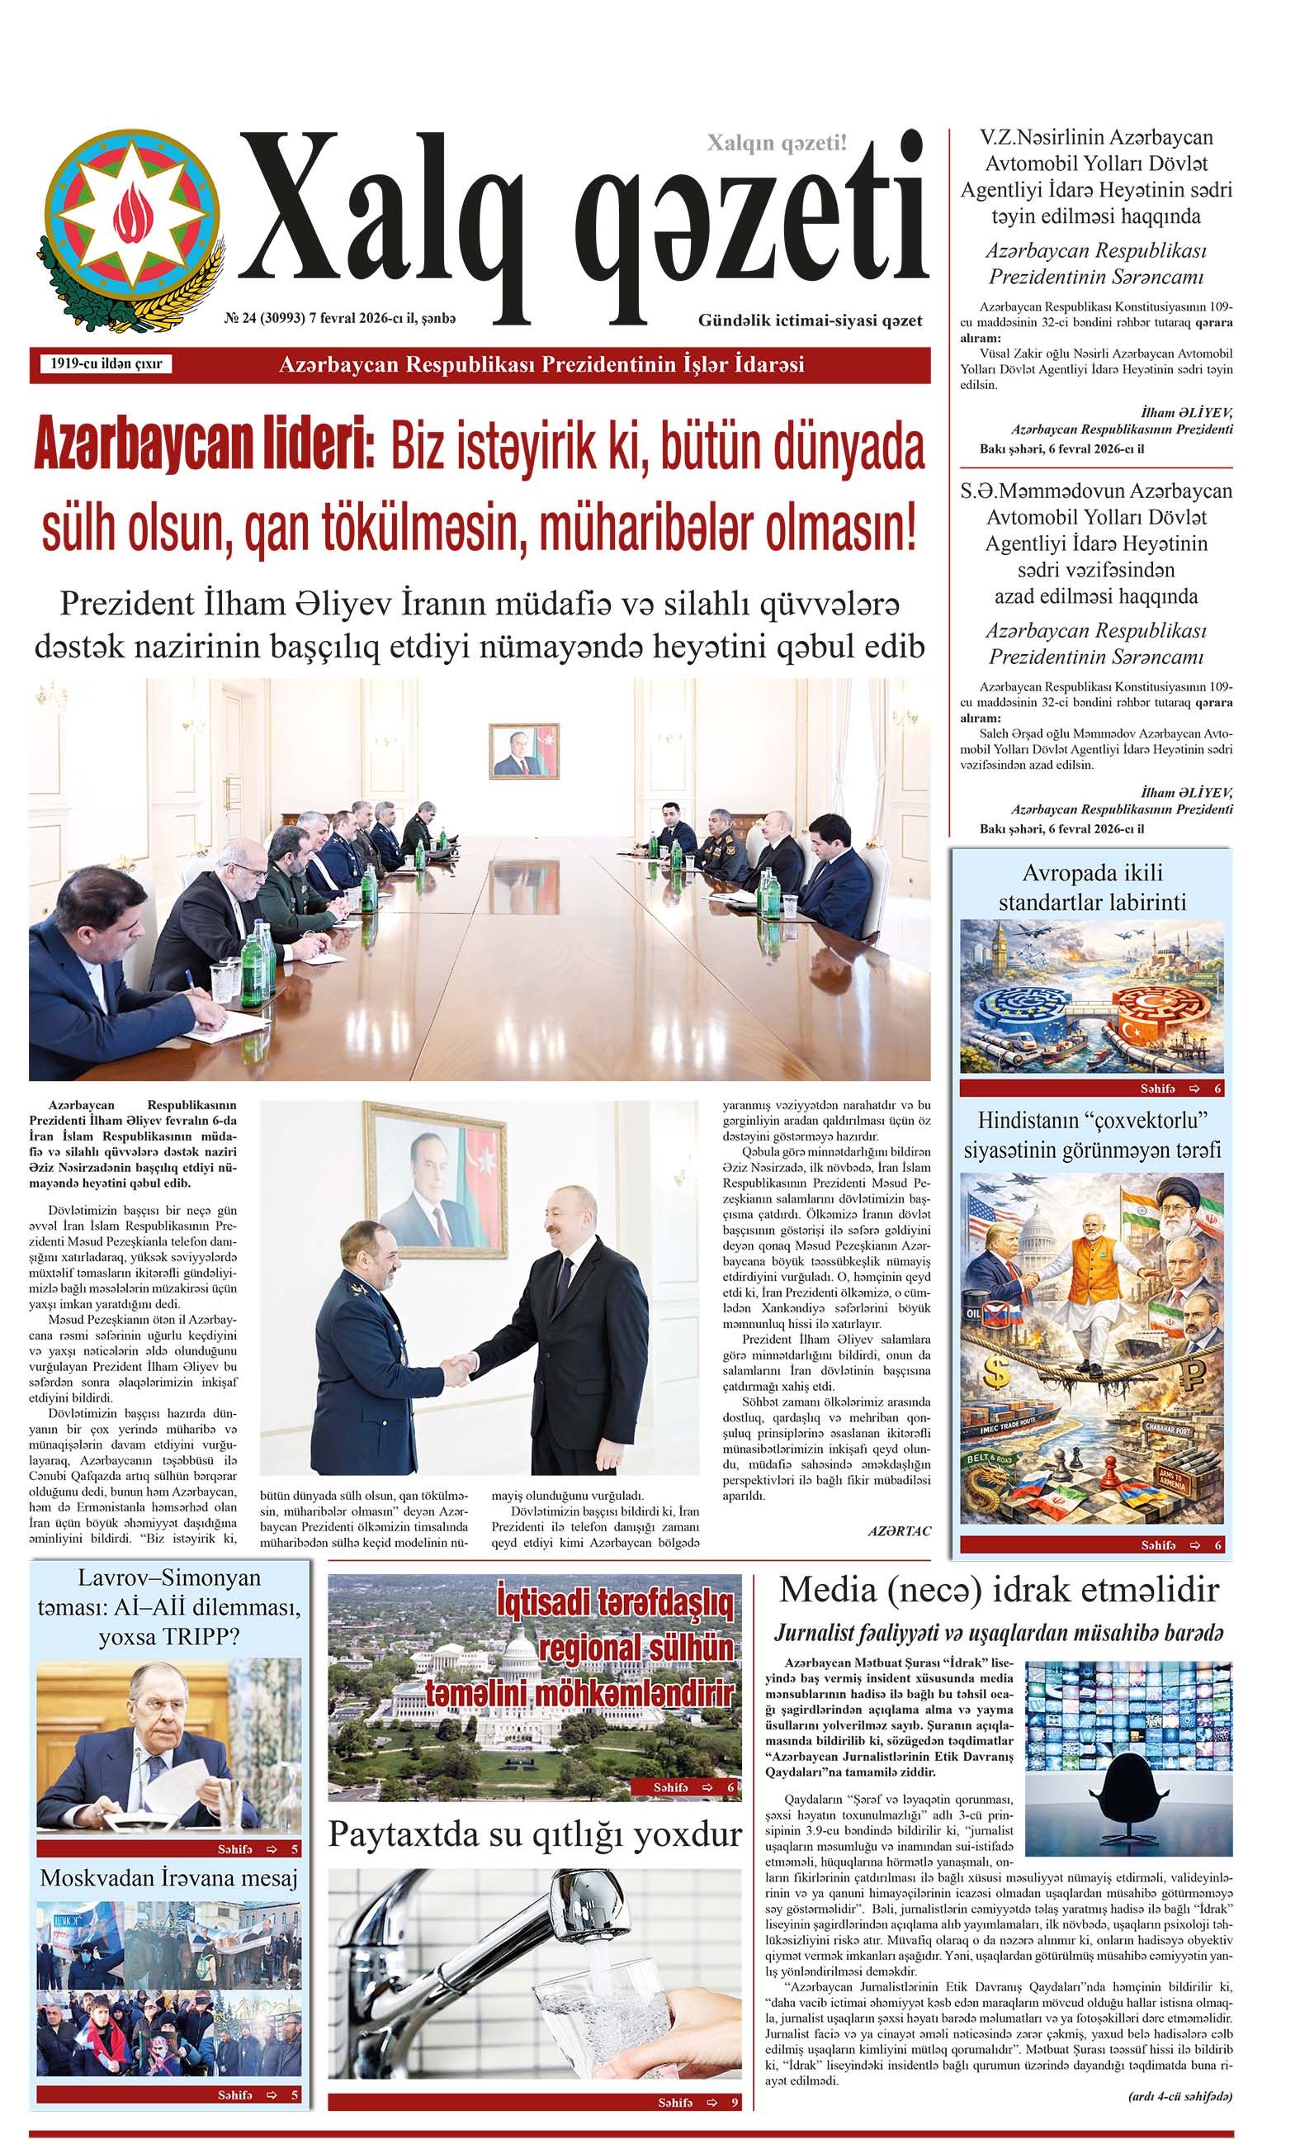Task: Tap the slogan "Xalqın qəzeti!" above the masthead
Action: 776,143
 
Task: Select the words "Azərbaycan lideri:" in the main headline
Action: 204,447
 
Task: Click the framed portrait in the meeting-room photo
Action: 523,750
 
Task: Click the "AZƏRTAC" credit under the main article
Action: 899,1530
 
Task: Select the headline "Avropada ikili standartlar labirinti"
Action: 1092,887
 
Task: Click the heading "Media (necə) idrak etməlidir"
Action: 999,1590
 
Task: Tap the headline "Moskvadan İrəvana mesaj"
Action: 169,1878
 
